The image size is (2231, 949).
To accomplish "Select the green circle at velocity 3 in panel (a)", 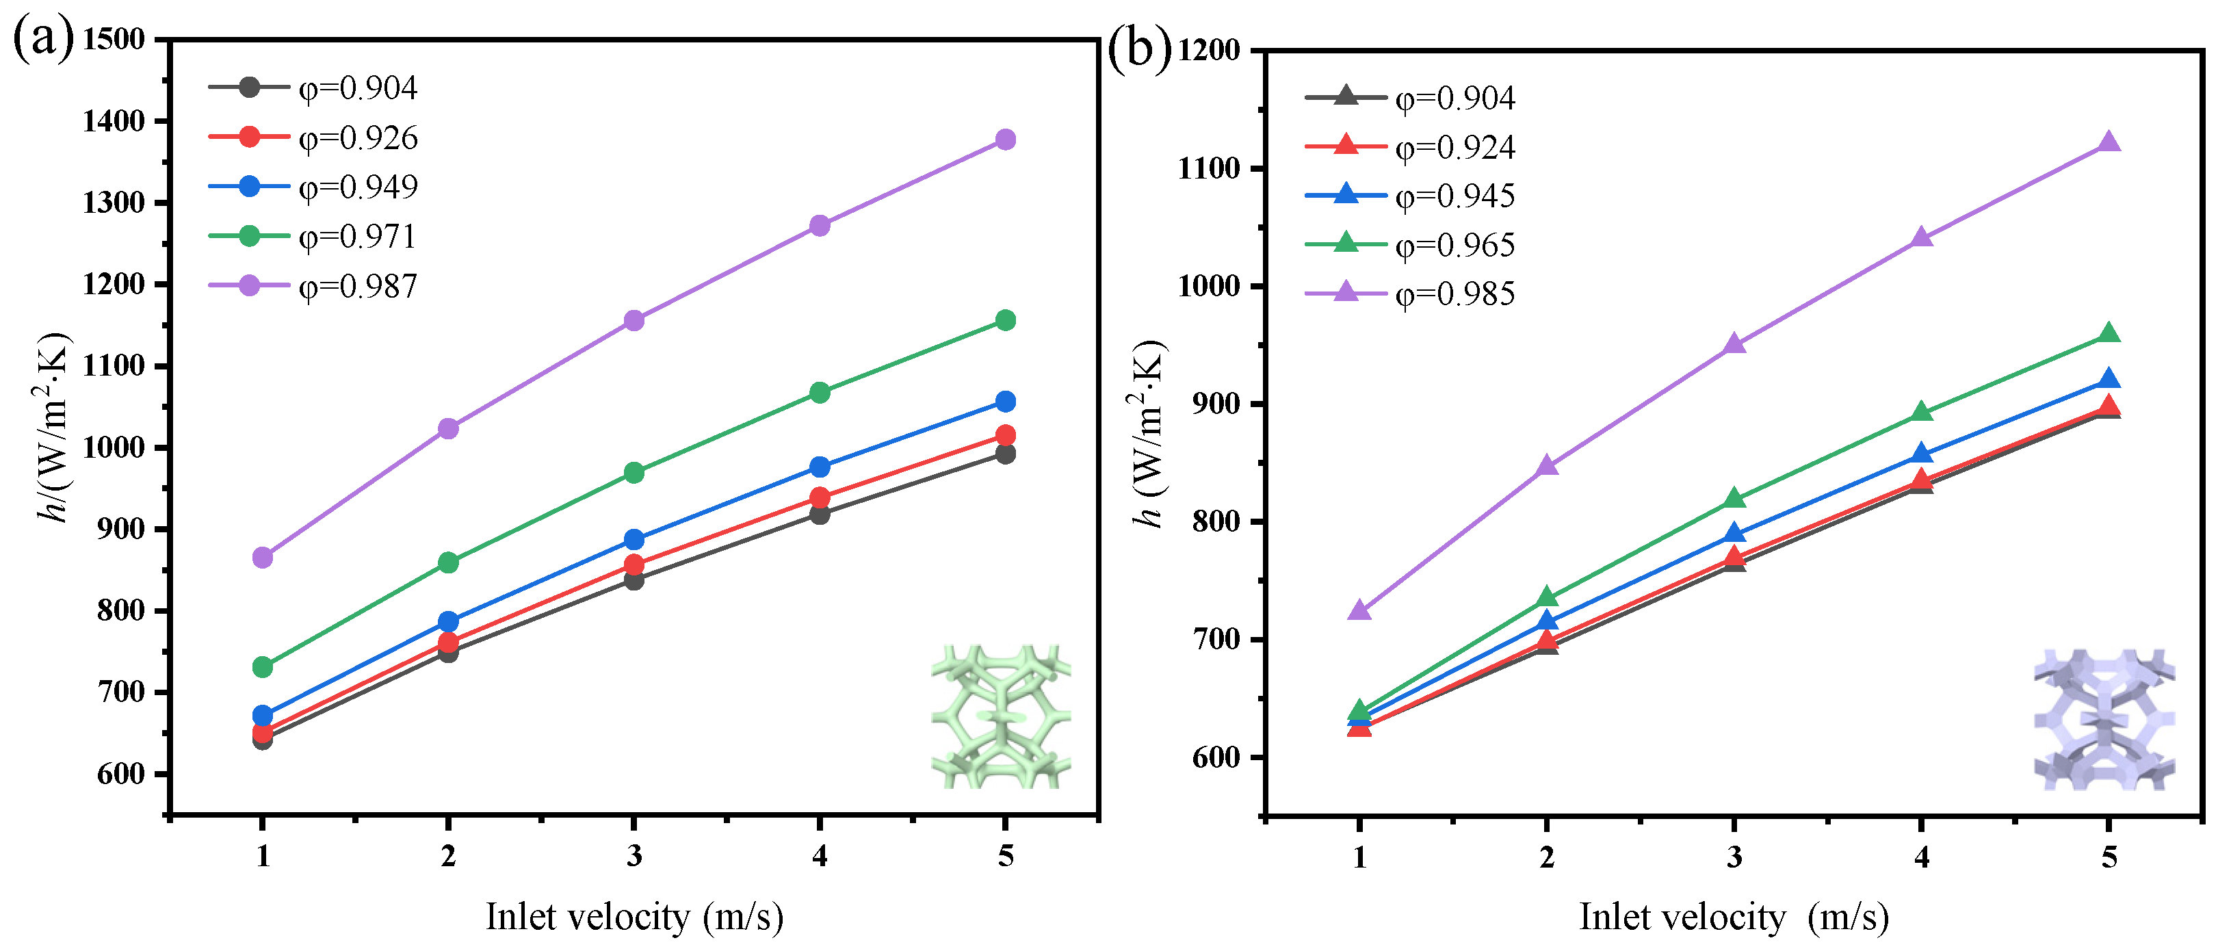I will point(634,473).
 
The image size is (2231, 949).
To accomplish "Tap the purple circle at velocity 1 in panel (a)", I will point(263,558).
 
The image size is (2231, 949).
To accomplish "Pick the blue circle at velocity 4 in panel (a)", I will point(820,467).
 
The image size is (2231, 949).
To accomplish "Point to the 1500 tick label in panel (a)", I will point(114,40).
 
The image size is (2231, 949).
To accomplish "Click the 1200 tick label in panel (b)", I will point(1209,51).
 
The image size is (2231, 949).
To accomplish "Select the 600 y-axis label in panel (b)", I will point(1218,757).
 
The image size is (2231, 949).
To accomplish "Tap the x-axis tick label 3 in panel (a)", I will point(634,857).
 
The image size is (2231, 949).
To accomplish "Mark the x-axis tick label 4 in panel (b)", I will point(1922,857).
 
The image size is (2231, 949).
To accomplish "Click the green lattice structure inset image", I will point(1001,716).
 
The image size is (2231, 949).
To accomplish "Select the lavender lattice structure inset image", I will point(2104,720).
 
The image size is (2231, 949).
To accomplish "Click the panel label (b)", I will point(1138,49).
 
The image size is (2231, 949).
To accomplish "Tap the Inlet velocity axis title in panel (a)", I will point(634,917).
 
